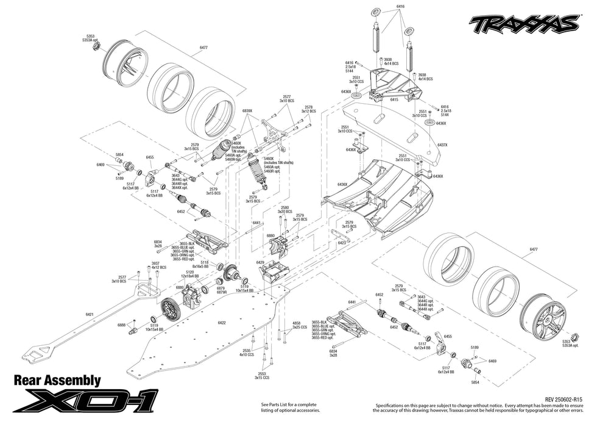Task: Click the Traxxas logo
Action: pyautogui.click(x=523, y=24)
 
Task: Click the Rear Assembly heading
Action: pyautogui.click(x=57, y=381)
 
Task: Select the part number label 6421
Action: pyautogui.click(x=90, y=314)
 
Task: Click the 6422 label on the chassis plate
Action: pyautogui.click(x=221, y=323)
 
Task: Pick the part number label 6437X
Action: pyautogui.click(x=442, y=145)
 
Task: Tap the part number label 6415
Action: pyautogui.click(x=394, y=99)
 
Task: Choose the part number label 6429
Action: pyautogui.click(x=260, y=262)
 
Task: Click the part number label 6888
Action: pyautogui.click(x=121, y=325)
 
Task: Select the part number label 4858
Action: pyautogui.click(x=297, y=323)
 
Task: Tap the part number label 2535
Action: pyautogui.click(x=246, y=351)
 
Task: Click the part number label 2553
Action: pyautogui.click(x=263, y=374)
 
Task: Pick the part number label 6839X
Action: pyautogui.click(x=247, y=111)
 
